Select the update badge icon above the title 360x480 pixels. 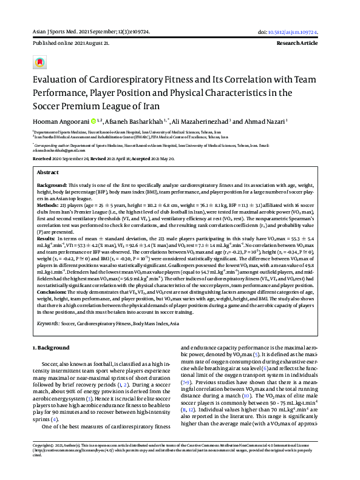tap(40, 62)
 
